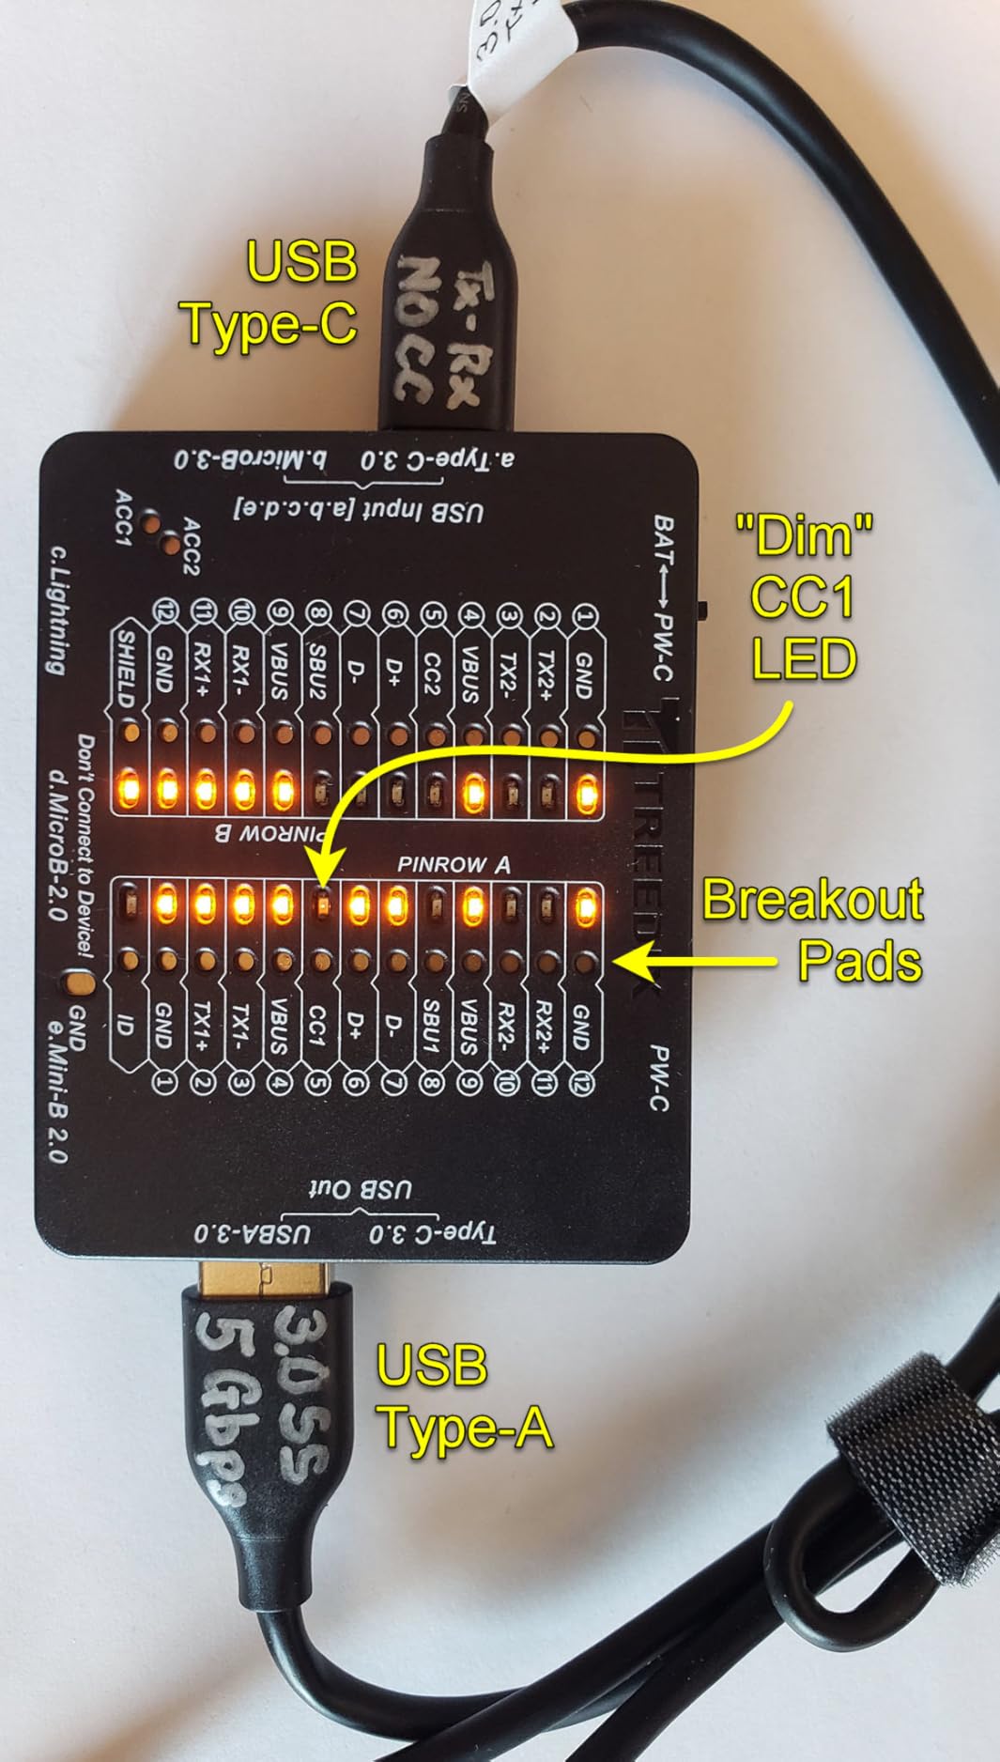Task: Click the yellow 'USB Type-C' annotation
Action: (272, 293)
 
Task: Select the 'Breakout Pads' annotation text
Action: (813, 930)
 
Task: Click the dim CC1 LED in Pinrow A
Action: (320, 904)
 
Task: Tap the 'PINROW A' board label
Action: (454, 864)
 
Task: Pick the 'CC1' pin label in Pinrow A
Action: (316, 1028)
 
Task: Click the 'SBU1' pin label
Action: (431, 1026)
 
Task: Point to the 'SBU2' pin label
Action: (317, 671)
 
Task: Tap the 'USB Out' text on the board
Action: (361, 1191)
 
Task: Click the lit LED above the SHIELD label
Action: (127, 788)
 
